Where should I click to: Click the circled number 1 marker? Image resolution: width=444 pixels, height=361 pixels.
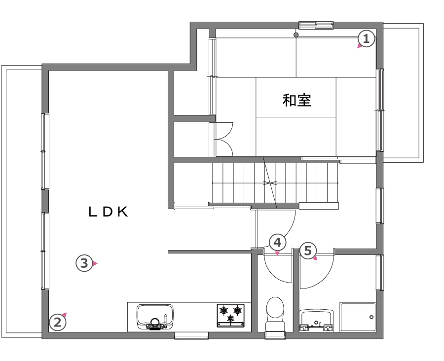coord(367,39)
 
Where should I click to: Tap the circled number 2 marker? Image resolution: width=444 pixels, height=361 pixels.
coord(58,323)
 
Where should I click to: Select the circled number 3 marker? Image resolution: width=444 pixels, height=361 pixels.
coord(84,263)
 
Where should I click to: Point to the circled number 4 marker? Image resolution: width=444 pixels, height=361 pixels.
coord(277,243)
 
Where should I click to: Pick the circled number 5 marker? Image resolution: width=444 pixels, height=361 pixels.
coord(308,251)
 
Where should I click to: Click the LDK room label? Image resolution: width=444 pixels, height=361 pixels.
coord(108,212)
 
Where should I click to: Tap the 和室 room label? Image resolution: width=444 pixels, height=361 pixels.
coord(297,100)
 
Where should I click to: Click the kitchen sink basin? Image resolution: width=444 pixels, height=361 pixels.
coord(155,317)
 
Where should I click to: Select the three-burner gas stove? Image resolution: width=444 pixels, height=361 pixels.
coord(230,316)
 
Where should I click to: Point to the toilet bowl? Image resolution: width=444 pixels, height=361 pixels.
coord(275,314)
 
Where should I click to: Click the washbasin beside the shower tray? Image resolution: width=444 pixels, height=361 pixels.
coord(316,321)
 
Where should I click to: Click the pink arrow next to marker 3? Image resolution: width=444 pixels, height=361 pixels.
coord(95,263)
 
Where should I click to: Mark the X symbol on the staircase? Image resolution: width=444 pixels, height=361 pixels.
coord(270,183)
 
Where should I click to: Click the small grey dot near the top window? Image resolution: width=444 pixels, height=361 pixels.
coord(296,35)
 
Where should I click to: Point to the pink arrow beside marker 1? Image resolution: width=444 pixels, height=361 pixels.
coord(360,46)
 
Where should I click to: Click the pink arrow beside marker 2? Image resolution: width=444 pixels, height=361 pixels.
coord(65,315)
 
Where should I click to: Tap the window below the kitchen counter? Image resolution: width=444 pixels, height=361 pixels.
coord(191,335)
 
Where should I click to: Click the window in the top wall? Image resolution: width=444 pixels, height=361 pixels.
coord(316,26)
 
